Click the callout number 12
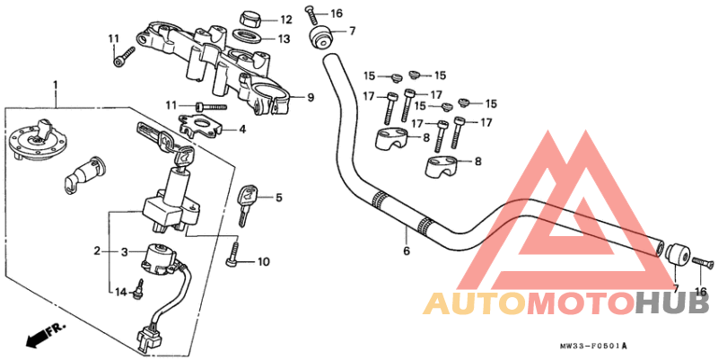coord(285,19)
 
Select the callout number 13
coord(285,39)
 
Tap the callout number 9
coord(311,97)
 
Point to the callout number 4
coord(241,129)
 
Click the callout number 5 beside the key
coord(279,198)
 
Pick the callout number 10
coord(263,262)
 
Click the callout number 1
coord(56,85)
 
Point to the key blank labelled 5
coord(247,202)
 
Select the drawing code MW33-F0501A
coord(593,346)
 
